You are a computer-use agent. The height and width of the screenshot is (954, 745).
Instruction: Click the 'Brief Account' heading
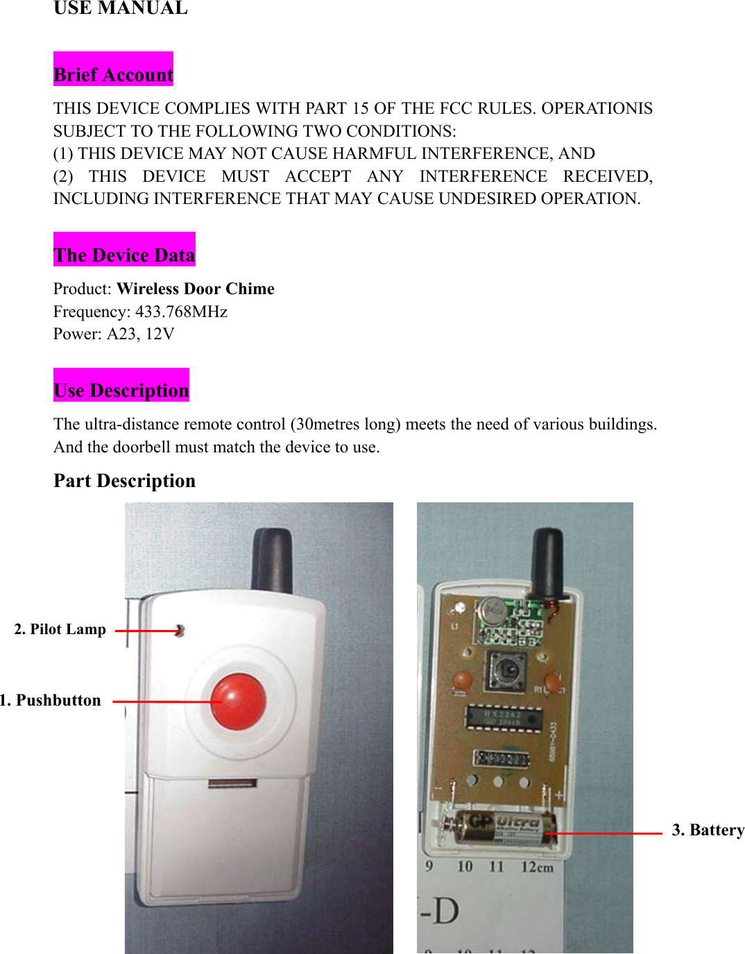pyautogui.click(x=113, y=74)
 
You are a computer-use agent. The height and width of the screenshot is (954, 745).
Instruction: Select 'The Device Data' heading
pyautogui.click(x=124, y=255)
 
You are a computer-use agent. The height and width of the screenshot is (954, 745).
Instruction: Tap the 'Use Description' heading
pyautogui.click(x=121, y=390)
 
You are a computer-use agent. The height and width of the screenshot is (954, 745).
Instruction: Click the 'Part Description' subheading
pyautogui.click(x=125, y=481)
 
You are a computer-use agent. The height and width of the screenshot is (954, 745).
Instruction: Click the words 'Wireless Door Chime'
pyautogui.click(x=196, y=289)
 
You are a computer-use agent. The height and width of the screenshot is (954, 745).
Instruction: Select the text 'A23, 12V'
pyautogui.click(x=140, y=334)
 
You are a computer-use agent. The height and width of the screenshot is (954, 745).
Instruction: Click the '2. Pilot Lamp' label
pyautogui.click(x=60, y=629)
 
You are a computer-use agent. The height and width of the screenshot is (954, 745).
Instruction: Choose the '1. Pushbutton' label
pyautogui.click(x=51, y=700)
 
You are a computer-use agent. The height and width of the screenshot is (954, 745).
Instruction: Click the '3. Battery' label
pyautogui.click(x=708, y=830)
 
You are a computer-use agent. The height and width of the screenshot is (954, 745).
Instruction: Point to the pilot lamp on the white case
pyautogui.click(x=180, y=630)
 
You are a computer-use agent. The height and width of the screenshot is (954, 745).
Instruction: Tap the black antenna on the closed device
pyautogui.click(x=272, y=559)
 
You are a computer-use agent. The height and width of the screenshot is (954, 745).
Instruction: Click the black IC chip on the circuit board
pyautogui.click(x=503, y=718)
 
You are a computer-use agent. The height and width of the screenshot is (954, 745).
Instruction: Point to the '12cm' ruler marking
pyautogui.click(x=537, y=867)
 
